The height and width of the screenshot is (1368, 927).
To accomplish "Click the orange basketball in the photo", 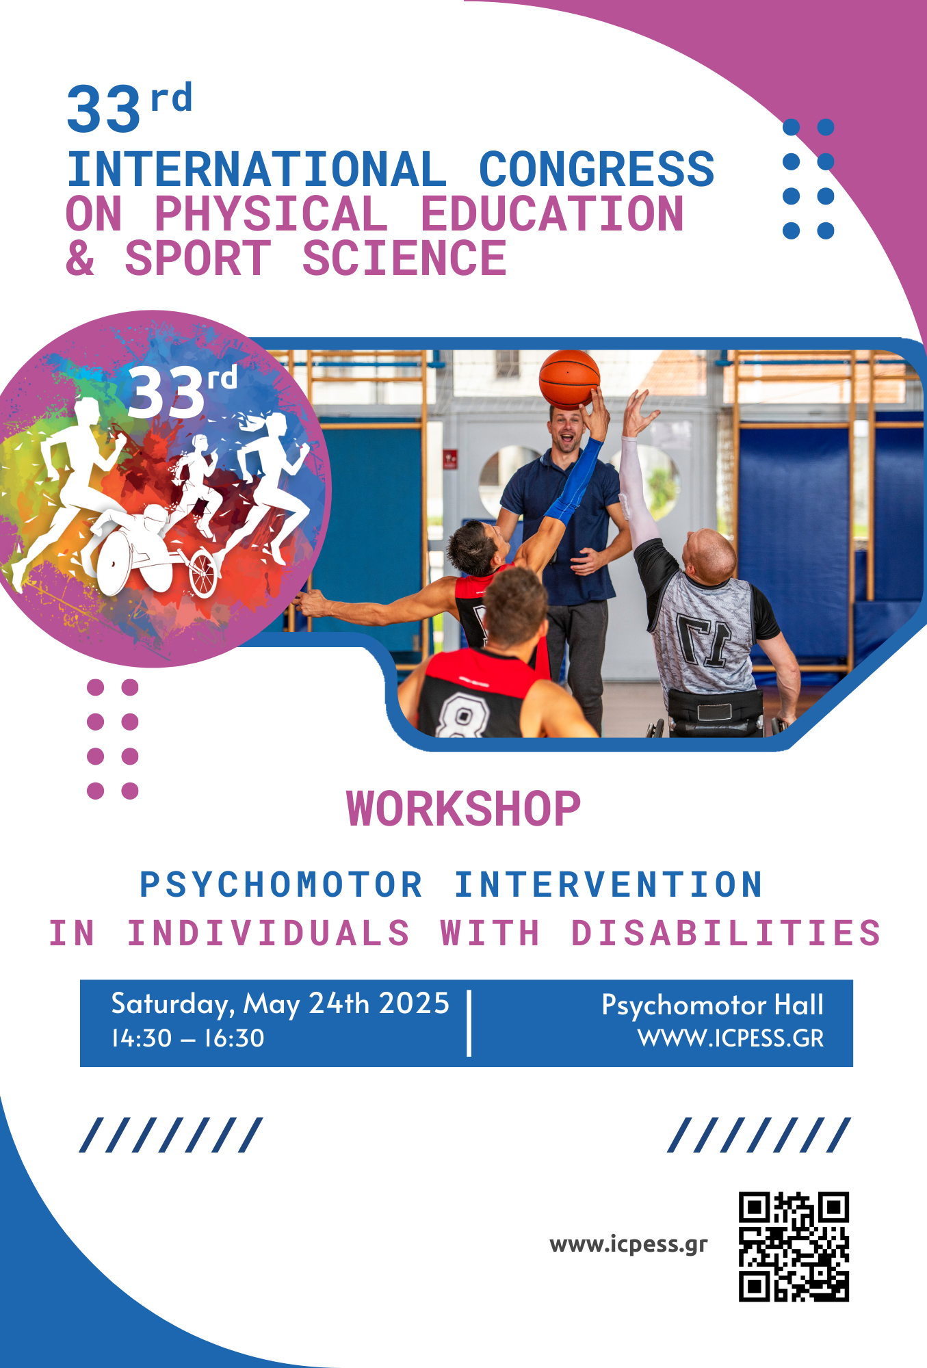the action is tap(569, 380).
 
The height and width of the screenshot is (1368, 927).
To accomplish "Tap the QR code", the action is tap(794, 1246).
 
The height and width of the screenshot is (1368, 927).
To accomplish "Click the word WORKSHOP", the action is tap(463, 808).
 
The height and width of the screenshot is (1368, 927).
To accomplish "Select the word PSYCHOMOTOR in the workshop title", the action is tap(281, 884).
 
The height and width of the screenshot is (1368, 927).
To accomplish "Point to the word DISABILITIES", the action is tap(726, 934).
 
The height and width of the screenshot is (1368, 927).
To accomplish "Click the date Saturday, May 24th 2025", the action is tap(280, 1004).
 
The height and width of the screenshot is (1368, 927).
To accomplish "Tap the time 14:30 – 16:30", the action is tap(188, 1038).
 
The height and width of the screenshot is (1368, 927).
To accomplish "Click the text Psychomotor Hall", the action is tap(713, 1005).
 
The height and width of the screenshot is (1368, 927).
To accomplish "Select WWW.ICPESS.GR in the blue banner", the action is tap(731, 1038).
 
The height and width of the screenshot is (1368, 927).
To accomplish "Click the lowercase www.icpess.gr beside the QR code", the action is tap(629, 1245).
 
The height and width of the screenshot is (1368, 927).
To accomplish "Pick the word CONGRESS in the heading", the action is tap(597, 170).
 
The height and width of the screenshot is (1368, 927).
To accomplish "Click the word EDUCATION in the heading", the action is tap(552, 214).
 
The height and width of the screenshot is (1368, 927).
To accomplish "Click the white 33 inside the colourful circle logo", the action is tap(166, 393).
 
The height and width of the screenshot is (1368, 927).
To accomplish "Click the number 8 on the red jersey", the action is tap(462, 715).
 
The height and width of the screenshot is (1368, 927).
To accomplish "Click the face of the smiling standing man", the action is tap(567, 431).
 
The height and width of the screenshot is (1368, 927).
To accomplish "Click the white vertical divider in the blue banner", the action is tap(469, 1023).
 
